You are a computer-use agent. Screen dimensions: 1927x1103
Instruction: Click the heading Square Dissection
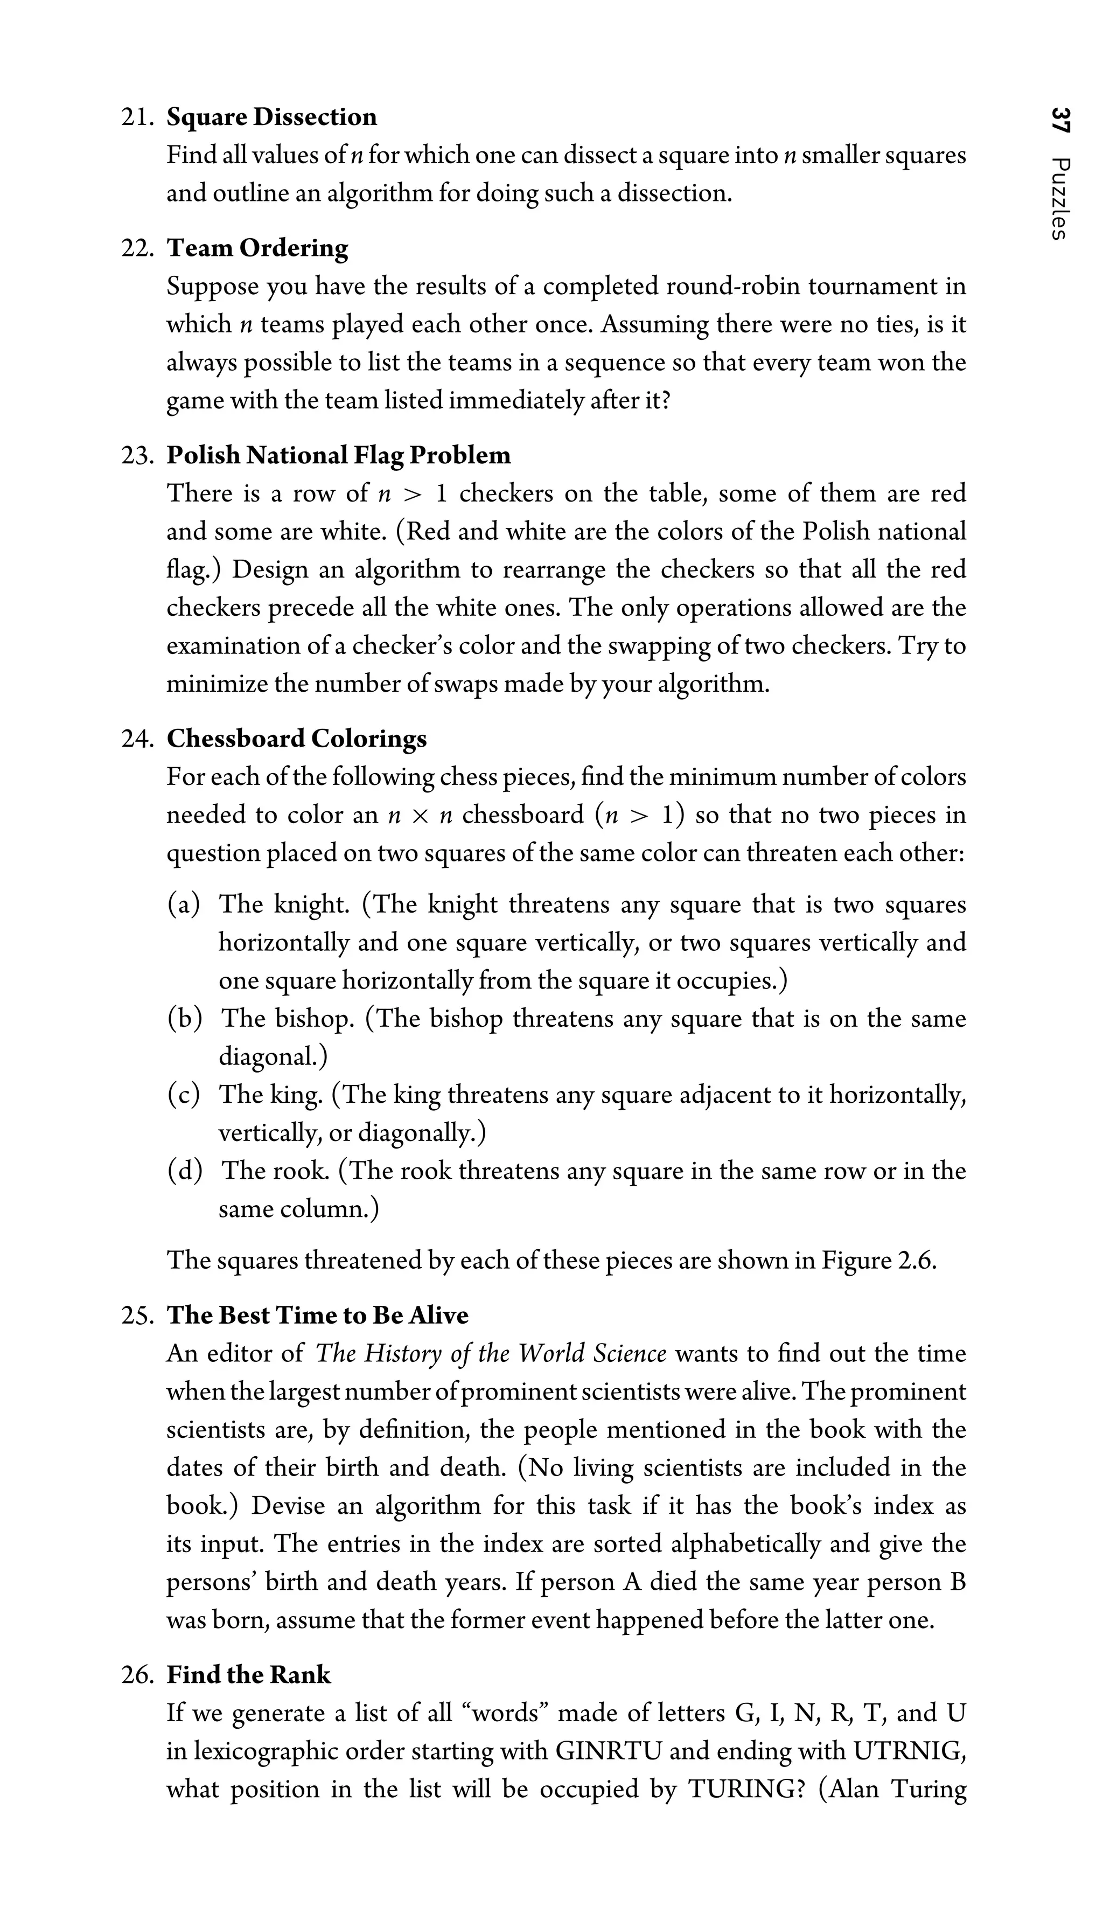tap(271, 117)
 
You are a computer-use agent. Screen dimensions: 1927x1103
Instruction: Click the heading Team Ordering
tap(257, 248)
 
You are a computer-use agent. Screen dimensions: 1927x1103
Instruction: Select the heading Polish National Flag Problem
tap(339, 455)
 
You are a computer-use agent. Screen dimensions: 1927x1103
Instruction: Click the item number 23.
tap(136, 455)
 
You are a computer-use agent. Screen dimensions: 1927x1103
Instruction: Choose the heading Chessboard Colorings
tap(296, 739)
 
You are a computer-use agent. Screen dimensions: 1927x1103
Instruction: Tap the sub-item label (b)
tap(185, 1018)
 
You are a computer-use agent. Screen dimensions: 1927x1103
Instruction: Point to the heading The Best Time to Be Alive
tap(317, 1316)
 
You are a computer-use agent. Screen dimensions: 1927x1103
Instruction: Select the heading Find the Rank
tap(248, 1675)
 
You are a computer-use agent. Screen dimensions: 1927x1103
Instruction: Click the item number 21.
tap(136, 117)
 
